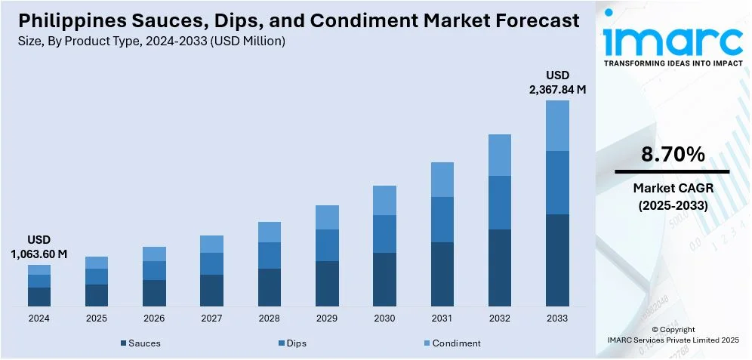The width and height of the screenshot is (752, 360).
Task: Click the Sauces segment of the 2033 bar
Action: click(x=557, y=260)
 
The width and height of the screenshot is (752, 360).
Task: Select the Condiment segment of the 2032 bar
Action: click(x=500, y=155)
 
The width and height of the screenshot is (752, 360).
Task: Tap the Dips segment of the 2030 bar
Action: click(x=384, y=234)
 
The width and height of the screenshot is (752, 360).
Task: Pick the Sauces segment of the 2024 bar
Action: click(x=39, y=297)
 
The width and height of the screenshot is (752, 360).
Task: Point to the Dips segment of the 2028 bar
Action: click(x=270, y=255)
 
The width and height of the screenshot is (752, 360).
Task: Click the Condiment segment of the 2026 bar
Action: click(x=154, y=254)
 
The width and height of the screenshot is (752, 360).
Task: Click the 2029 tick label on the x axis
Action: click(x=327, y=318)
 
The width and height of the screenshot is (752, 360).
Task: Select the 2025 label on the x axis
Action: click(x=97, y=318)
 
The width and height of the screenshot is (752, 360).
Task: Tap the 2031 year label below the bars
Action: click(x=442, y=318)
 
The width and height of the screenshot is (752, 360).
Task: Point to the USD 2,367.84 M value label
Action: click(x=557, y=82)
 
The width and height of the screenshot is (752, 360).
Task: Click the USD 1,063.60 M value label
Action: click(x=39, y=248)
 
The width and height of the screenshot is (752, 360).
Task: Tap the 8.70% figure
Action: click(x=673, y=155)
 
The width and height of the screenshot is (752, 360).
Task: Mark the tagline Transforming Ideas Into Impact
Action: click(x=673, y=64)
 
